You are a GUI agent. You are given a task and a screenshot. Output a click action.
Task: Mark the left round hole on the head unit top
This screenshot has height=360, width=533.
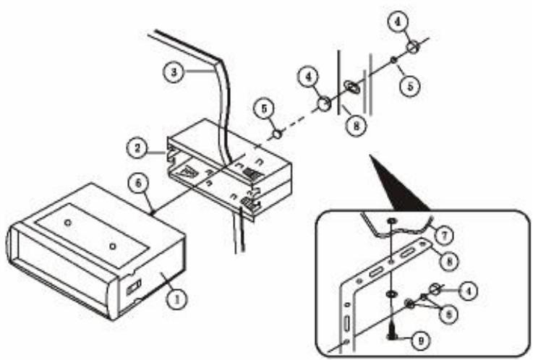[67, 224]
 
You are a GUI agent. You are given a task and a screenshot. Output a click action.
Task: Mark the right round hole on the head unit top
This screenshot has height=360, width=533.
[112, 247]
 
